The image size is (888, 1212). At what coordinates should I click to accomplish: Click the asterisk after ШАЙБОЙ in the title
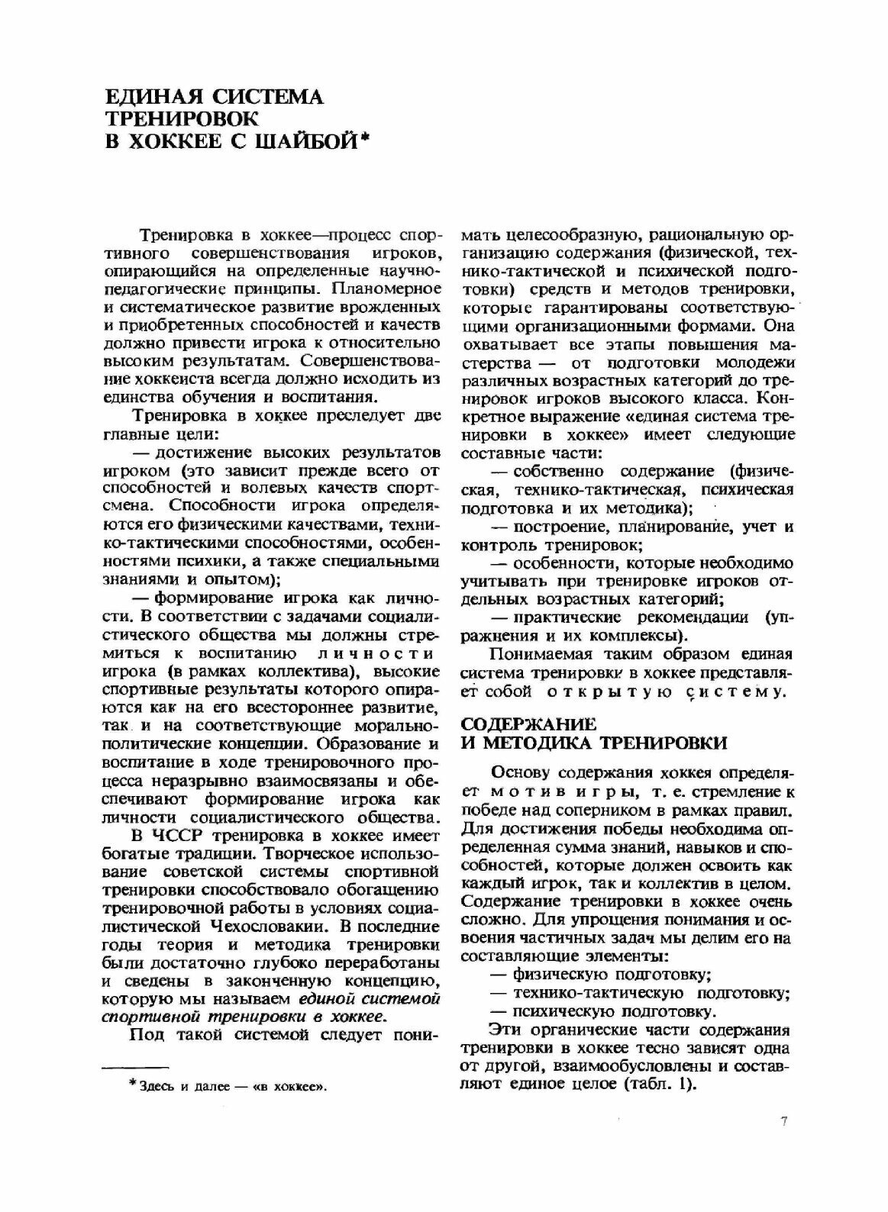click(364, 137)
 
